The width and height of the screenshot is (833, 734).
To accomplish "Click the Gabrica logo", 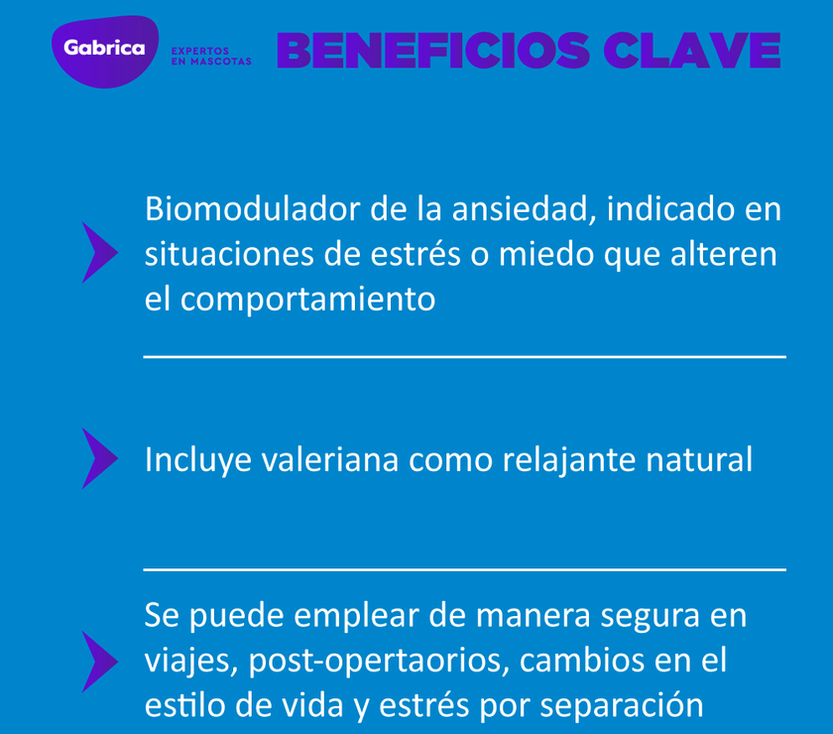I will (x=104, y=49).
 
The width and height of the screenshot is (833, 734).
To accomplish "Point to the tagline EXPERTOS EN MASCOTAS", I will (x=211, y=56).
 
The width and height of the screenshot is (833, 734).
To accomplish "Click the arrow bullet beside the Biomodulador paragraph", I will (x=98, y=253).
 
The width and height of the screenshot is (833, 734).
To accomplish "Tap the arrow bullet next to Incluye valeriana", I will (x=98, y=458).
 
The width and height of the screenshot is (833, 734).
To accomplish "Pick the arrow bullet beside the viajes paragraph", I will (x=98, y=661).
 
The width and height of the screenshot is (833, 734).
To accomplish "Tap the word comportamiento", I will (x=307, y=300).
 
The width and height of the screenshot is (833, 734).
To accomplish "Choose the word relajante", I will (x=565, y=460).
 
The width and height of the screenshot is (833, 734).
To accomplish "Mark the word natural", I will (x=698, y=460).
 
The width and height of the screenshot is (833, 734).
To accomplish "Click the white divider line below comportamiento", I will (x=464, y=356).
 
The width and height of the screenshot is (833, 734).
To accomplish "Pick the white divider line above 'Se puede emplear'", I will (x=464, y=569).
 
